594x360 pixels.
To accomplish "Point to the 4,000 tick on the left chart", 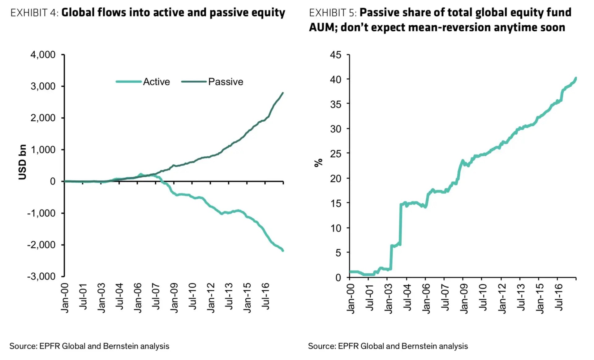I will tap(43, 55).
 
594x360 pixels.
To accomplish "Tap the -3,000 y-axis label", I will tap(41, 276).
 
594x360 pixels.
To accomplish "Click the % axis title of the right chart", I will tap(319, 163).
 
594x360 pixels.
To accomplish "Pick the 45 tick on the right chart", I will tap(336, 55).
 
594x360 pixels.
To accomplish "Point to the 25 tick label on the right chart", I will tap(336, 154).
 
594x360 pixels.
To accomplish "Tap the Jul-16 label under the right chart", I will tap(559, 297).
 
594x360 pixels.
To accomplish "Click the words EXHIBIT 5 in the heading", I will tap(333, 13).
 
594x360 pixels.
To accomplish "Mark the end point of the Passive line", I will tap(283, 93).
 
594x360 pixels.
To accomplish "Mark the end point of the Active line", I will tap(283, 250).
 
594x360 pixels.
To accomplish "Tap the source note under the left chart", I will tap(89, 346).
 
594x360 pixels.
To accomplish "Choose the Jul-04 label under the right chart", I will tap(407, 297).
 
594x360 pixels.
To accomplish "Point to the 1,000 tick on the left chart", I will tap(43, 150).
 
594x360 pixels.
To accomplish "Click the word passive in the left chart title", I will tap(230, 13).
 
